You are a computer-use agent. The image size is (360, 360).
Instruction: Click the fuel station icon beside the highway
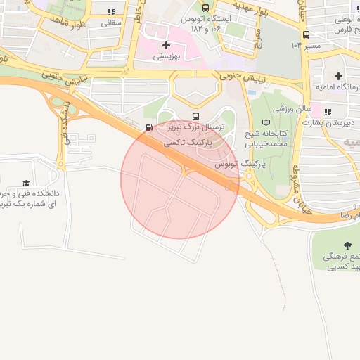148,127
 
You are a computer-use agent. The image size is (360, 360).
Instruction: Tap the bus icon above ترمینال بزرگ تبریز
195,117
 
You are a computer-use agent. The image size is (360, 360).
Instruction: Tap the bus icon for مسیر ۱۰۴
306,34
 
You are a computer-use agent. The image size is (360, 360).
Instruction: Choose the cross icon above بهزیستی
166,45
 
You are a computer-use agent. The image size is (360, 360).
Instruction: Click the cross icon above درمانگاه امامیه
339,76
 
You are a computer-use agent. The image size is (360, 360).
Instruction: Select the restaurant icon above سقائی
112,12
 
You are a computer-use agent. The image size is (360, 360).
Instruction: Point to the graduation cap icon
27,184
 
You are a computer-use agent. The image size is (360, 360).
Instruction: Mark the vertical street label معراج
257,32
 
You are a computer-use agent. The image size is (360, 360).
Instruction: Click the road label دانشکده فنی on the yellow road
67,124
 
